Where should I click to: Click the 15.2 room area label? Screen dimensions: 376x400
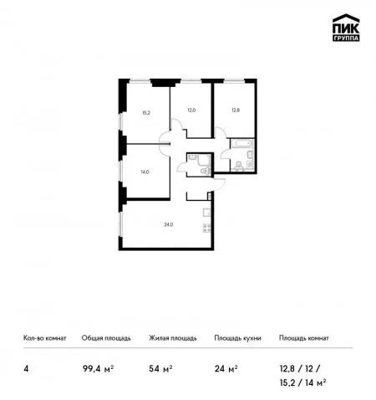(x=146, y=113)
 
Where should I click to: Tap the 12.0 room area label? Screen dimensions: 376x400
(x=191, y=110)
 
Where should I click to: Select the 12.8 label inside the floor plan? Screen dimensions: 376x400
(x=236, y=110)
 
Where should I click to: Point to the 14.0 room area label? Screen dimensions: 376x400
(x=145, y=172)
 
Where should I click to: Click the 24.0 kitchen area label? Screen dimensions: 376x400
(x=169, y=224)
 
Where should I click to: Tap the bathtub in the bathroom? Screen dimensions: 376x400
(x=242, y=143)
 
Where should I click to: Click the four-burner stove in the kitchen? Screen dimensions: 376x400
(x=206, y=228)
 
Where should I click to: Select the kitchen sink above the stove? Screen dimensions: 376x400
(x=207, y=213)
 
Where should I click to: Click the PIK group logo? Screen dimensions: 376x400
(x=346, y=28)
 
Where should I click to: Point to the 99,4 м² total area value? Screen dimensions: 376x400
(x=98, y=369)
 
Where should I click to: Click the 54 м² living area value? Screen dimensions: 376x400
(x=160, y=369)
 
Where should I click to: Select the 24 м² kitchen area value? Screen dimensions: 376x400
(x=226, y=369)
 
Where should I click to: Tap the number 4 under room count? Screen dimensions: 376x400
(x=26, y=369)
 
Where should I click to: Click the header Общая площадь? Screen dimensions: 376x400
(x=106, y=338)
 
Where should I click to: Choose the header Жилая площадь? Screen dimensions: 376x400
(x=173, y=338)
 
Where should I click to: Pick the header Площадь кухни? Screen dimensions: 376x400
(x=237, y=338)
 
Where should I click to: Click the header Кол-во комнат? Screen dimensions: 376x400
(x=45, y=338)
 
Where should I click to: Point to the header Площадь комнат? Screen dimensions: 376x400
(x=304, y=338)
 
